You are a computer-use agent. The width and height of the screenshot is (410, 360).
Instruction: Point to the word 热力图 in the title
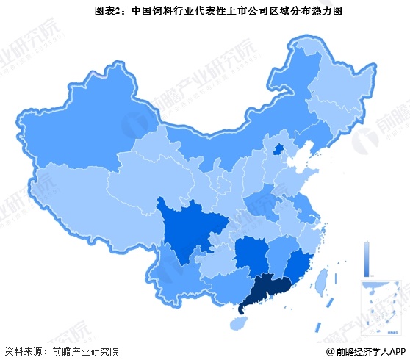pyautogui.click(x=289, y=10)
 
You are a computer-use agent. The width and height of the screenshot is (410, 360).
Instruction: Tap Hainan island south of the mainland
pyautogui.click(x=240, y=323)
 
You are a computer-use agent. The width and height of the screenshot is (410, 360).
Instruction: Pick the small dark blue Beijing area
pyautogui.click(x=278, y=151)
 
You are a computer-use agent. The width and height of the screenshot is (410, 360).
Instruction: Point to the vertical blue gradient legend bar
pyautogui.click(x=365, y=256)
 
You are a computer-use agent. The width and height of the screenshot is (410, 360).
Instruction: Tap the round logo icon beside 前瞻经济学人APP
pyautogui.click(x=328, y=351)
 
